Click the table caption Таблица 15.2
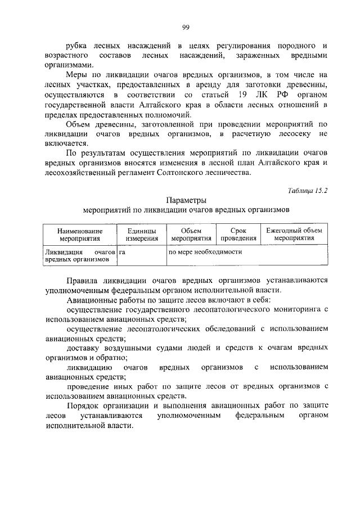(307, 190)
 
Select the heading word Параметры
(186, 200)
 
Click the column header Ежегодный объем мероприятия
(294, 234)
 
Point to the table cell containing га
(122, 252)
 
